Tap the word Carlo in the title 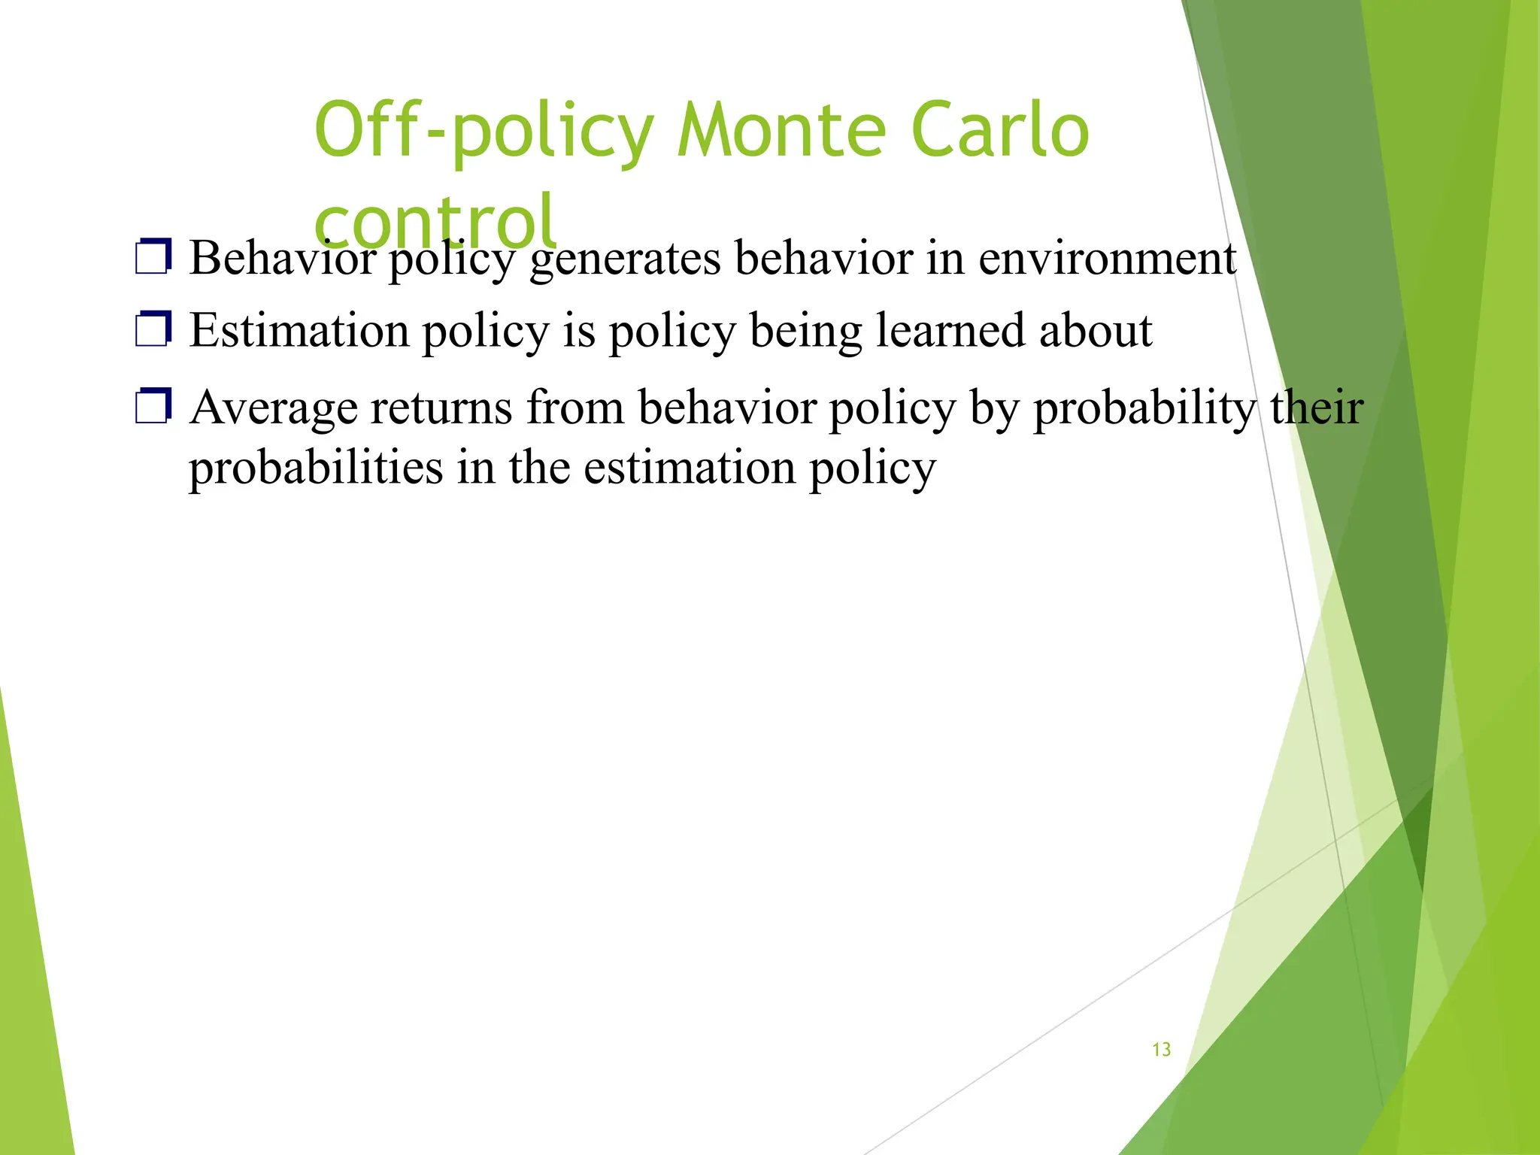pyautogui.click(x=999, y=131)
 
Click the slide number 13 pyautogui.click(x=1161, y=1050)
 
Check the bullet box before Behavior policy pyautogui.click(x=153, y=256)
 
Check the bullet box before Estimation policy pyautogui.click(x=153, y=329)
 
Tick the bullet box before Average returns pyautogui.click(x=153, y=406)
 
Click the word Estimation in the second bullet pyautogui.click(x=299, y=330)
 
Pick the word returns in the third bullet pyautogui.click(x=441, y=408)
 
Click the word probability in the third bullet pyautogui.click(x=1144, y=408)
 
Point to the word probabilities pyautogui.click(x=316, y=468)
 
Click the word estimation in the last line pyautogui.click(x=690, y=467)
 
